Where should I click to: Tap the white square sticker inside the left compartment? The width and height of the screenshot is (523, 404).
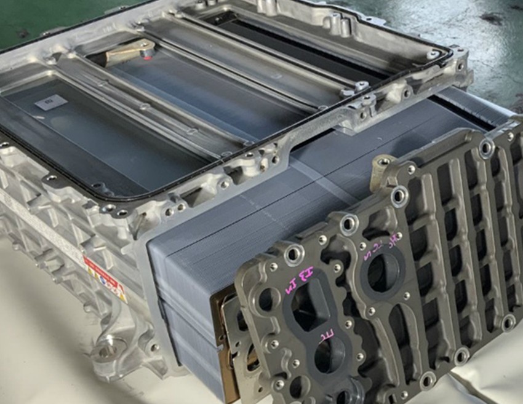tap(51, 102)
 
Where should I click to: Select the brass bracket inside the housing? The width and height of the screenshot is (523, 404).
tap(129, 52)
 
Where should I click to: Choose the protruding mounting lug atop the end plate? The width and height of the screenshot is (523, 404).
tap(381, 169)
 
